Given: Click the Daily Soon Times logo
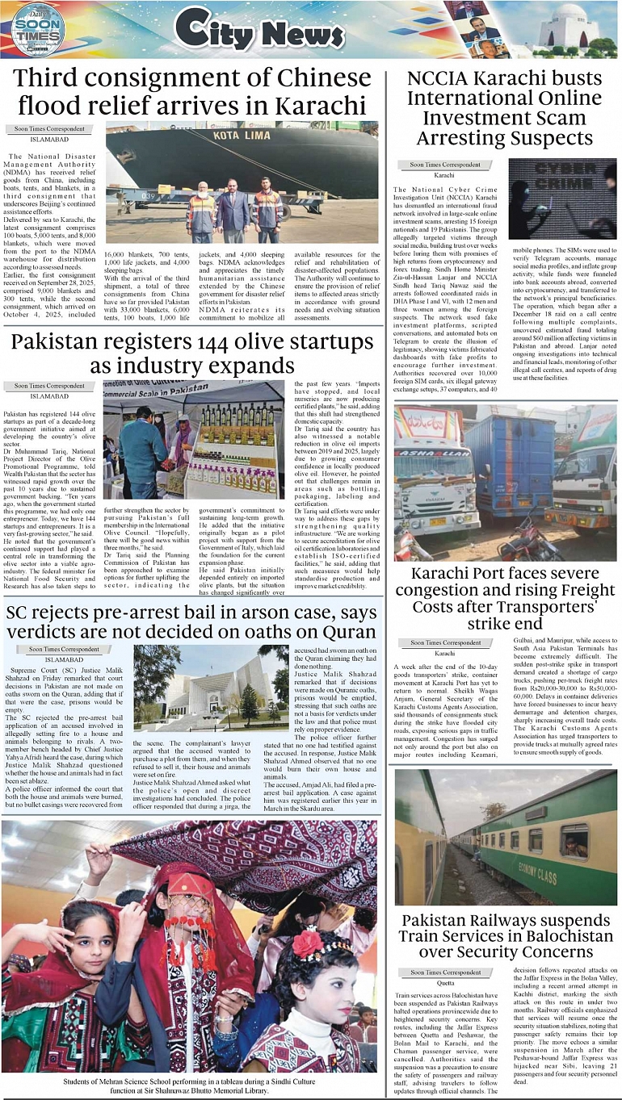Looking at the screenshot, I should (37, 29).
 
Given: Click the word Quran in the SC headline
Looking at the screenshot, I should (345, 632).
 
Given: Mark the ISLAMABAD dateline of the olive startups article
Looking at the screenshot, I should (49, 396).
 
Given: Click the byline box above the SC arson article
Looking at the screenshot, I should (64, 649).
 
